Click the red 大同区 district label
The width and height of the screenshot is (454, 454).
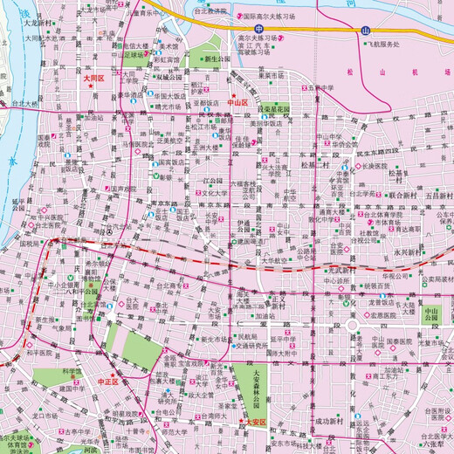[93, 78]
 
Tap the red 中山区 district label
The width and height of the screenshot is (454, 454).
[237, 102]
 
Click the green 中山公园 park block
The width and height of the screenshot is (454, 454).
[430, 313]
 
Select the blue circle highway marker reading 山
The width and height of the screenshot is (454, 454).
[365, 31]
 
